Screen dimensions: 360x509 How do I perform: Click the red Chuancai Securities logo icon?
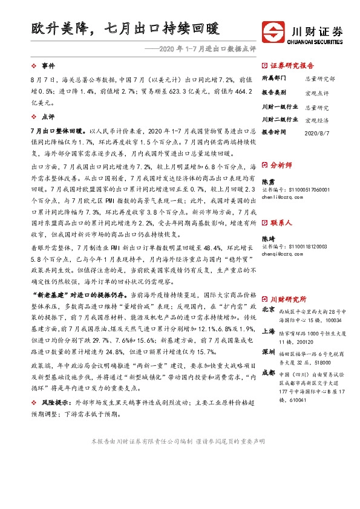272,31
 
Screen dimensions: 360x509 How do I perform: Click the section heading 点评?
48,118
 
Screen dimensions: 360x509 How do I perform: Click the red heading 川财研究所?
287,299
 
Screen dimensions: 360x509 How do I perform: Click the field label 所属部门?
273,79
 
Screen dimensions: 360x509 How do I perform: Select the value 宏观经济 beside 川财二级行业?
316,119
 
